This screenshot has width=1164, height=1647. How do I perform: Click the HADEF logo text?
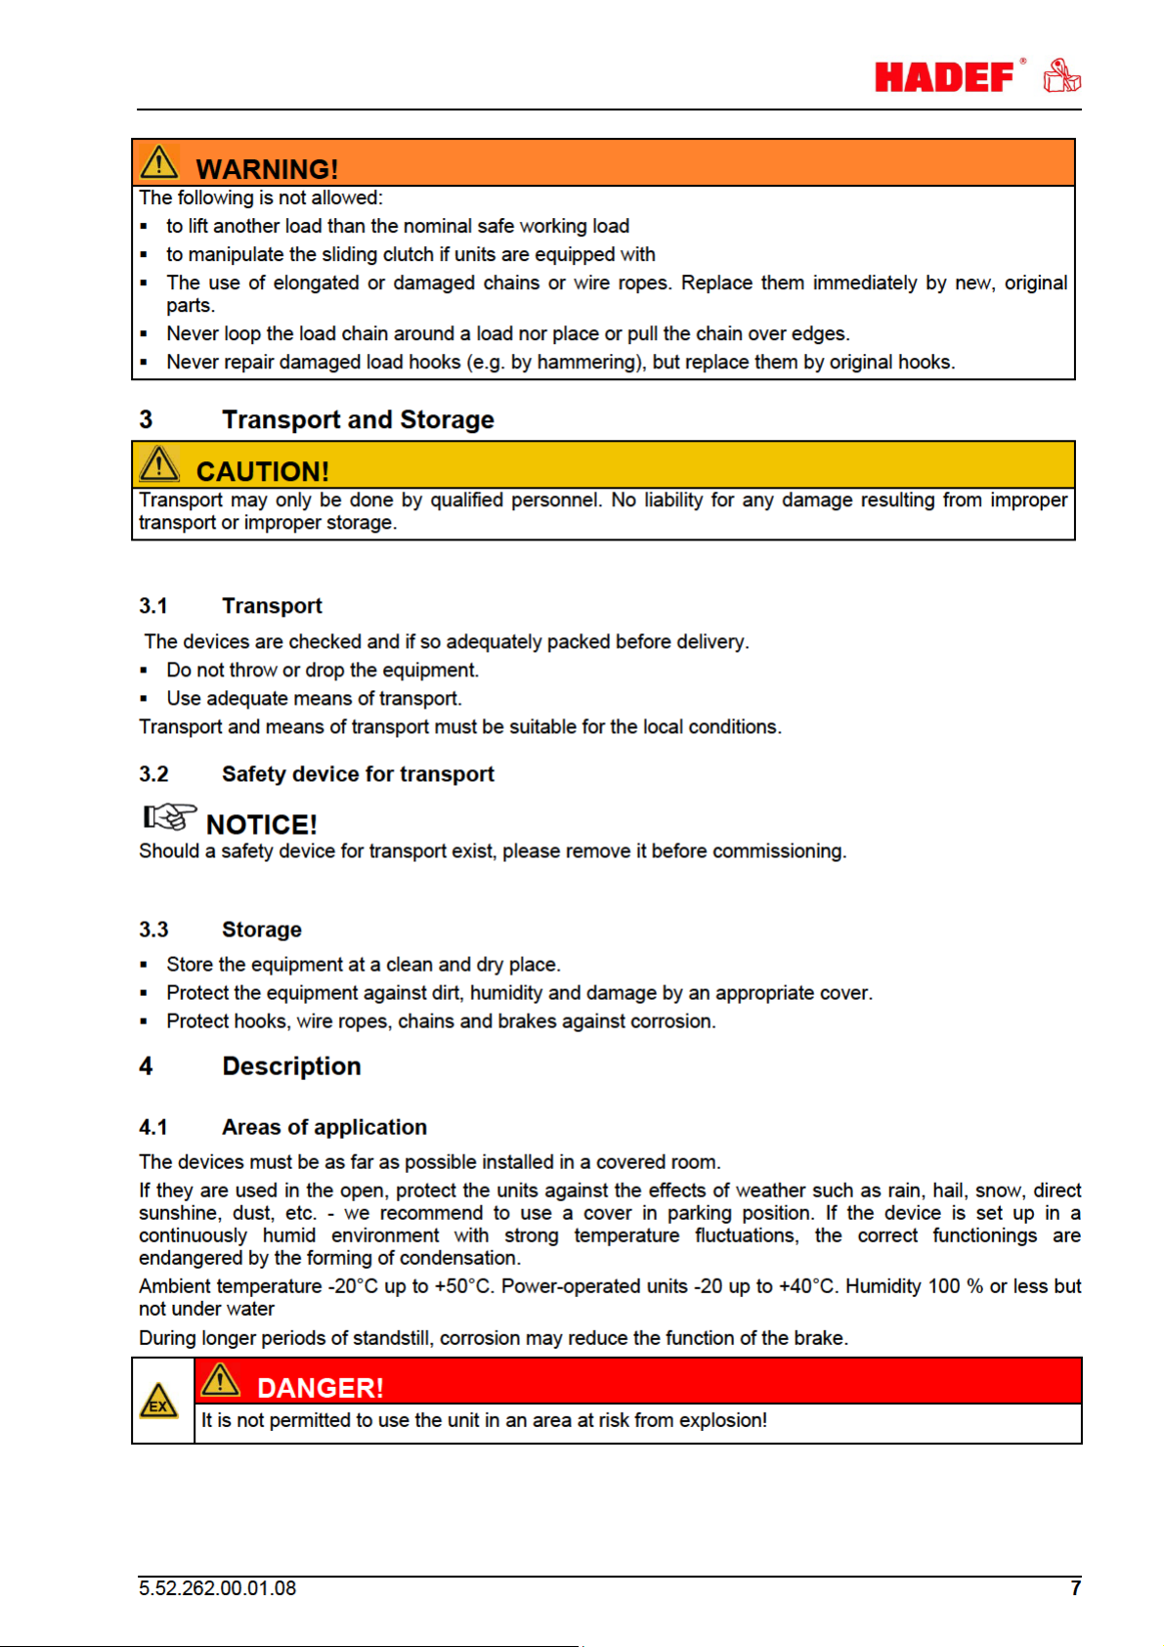[x=944, y=77]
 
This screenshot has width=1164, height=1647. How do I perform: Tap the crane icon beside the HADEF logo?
[x=1061, y=75]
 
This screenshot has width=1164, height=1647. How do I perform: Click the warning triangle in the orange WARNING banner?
[x=158, y=163]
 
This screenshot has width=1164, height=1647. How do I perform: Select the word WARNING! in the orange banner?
[x=267, y=169]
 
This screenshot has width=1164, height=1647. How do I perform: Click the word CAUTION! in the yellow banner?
[x=262, y=471]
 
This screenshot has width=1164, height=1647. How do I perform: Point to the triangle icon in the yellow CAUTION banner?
[x=158, y=464]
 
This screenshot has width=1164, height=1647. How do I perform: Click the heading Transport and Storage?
[x=358, y=419]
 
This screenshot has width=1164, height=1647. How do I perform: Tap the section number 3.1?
[x=153, y=606]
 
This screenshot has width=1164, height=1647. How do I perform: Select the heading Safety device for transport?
[x=358, y=774]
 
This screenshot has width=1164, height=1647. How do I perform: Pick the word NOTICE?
[x=261, y=824]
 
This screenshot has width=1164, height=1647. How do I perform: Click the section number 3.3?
[x=153, y=930]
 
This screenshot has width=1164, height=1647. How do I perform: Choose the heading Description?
[x=291, y=1066]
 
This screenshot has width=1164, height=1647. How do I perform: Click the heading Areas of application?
[x=324, y=1127]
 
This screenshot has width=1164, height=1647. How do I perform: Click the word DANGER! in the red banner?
[x=320, y=1387]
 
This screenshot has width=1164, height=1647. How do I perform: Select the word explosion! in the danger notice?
[x=723, y=1420]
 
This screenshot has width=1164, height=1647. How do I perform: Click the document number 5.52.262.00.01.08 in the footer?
[x=217, y=1588]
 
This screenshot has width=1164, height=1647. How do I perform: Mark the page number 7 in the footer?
[x=1075, y=1588]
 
